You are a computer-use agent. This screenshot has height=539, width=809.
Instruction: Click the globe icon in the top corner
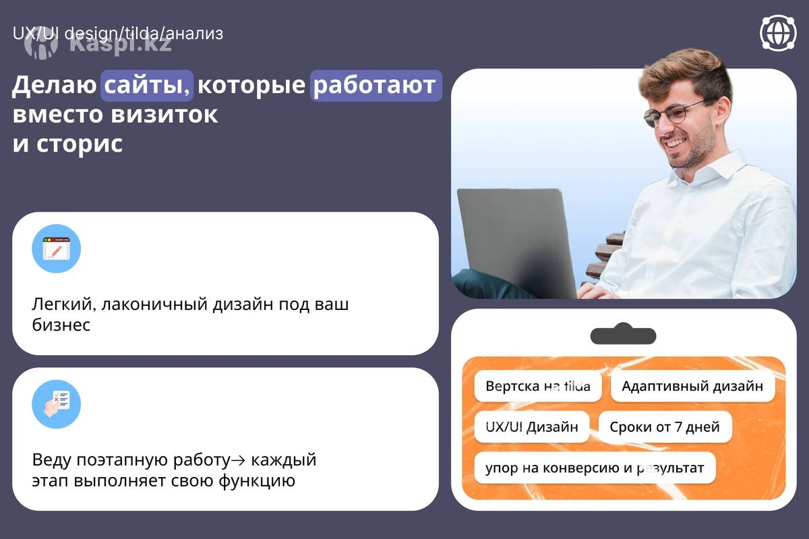778,33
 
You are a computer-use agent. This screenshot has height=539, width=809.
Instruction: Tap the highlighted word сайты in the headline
147,85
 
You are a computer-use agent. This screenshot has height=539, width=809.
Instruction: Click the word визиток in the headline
164,115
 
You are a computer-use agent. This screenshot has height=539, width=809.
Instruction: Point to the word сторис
80,144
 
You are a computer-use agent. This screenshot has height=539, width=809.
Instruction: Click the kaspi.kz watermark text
121,44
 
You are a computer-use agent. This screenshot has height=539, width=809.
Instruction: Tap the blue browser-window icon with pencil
57,249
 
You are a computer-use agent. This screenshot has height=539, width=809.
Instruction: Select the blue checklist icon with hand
57,404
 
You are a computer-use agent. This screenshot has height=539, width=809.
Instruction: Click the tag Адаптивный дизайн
693,386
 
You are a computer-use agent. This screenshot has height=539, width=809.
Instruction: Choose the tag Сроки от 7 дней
665,427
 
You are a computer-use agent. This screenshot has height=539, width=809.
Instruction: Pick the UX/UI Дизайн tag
532,427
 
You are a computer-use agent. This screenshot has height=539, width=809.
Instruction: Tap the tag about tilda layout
538,386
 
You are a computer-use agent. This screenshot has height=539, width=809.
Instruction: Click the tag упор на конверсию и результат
595,468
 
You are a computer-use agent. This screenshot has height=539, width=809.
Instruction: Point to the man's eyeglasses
671,113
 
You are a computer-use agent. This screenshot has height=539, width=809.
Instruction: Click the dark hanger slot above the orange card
624,334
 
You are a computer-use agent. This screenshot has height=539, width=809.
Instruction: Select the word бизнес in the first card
61,325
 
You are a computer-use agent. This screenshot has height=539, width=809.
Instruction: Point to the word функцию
257,481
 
